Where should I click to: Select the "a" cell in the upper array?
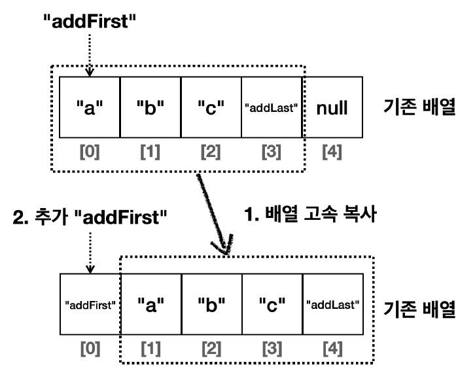(89, 108)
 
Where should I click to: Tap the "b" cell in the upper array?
(150, 108)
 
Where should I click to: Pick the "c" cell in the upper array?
(211, 108)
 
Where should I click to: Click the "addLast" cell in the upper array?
(272, 108)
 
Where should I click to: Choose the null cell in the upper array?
(332, 108)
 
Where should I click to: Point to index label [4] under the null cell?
(332, 154)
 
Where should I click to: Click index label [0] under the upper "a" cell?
(89, 154)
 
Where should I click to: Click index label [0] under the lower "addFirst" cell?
(89, 351)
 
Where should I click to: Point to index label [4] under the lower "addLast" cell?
(332, 351)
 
